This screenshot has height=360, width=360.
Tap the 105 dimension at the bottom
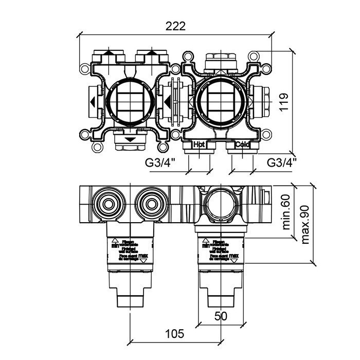(175, 334)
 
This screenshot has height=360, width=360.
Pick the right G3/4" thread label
(282, 163)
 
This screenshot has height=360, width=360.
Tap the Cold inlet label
(242, 145)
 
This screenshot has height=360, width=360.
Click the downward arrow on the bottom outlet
(129, 139)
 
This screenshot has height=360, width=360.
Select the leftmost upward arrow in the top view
(109, 52)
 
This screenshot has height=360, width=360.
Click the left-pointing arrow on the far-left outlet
(91, 101)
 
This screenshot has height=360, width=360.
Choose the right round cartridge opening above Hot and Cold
(220, 101)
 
